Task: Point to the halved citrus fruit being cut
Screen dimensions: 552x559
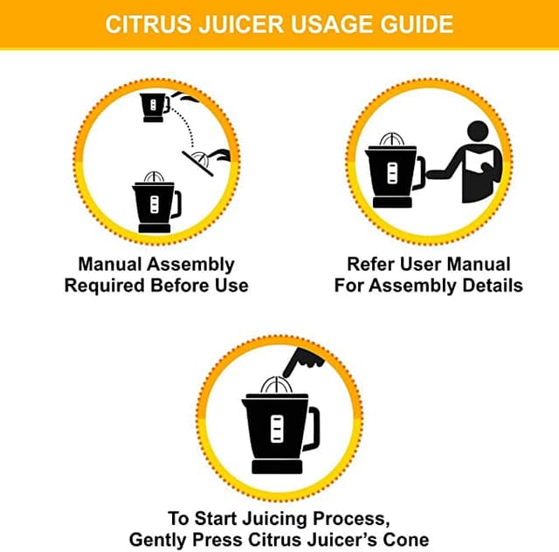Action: (x=203, y=158)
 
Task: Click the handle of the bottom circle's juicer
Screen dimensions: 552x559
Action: (x=311, y=427)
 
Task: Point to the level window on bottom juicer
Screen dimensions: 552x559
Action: (x=275, y=429)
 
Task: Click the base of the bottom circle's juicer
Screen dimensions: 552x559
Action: (x=277, y=466)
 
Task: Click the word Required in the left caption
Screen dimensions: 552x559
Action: (x=103, y=286)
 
